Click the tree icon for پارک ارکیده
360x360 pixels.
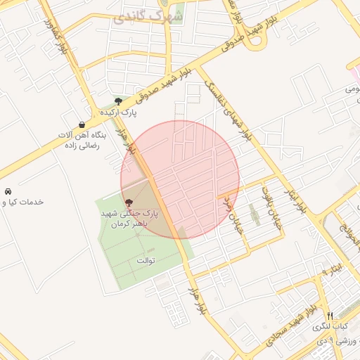[x=127, y=101]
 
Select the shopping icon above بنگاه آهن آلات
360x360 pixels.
[x=82, y=124]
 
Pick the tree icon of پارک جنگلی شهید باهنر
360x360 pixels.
[x=128, y=202]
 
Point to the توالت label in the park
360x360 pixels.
[x=145, y=260]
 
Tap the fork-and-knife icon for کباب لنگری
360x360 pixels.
[x=330, y=315]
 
